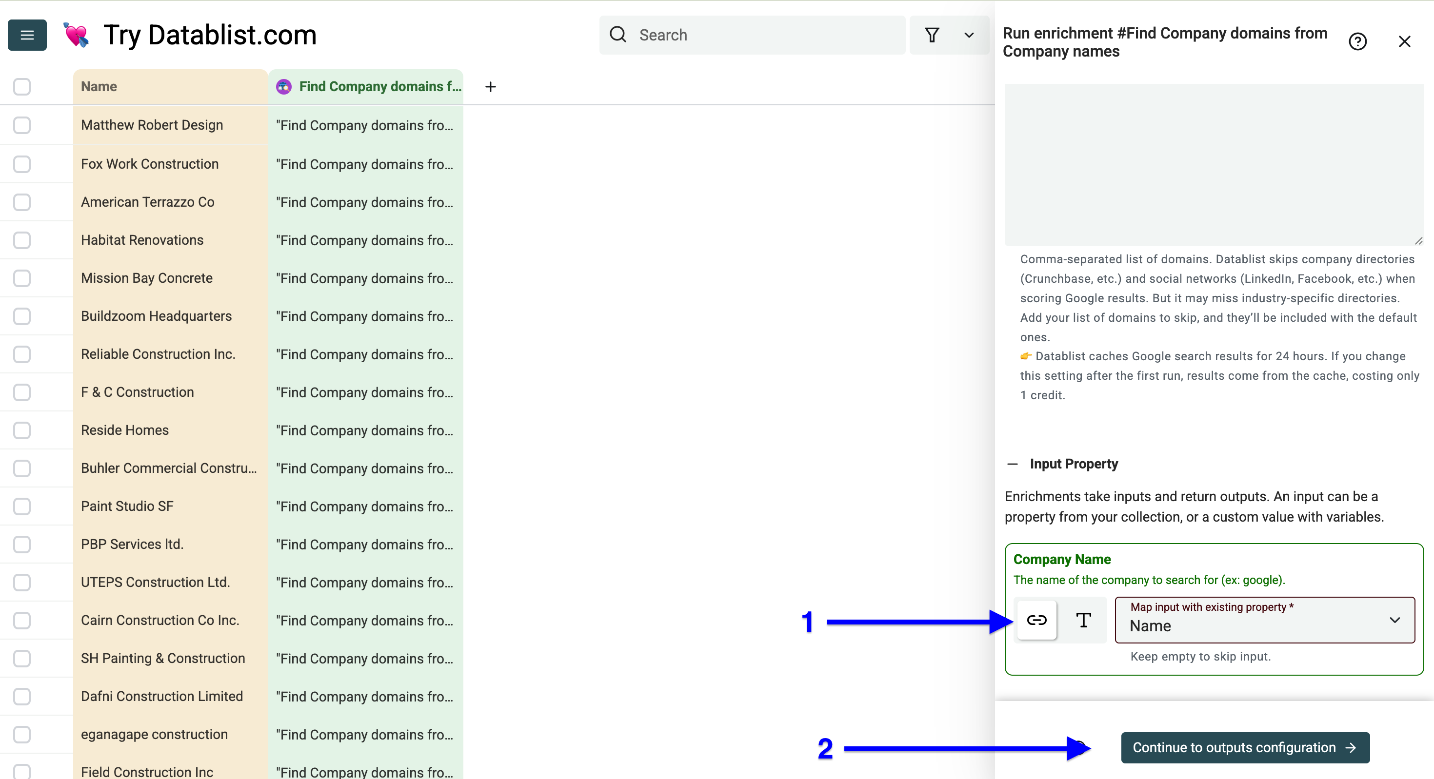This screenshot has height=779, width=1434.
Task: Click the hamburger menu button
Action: (27, 35)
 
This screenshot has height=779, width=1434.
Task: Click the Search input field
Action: (752, 35)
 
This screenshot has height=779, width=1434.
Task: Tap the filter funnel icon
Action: (932, 35)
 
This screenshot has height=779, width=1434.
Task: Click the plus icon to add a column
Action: (490, 87)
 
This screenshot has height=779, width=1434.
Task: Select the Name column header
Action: (170, 87)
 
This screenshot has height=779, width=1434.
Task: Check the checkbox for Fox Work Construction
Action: (22, 164)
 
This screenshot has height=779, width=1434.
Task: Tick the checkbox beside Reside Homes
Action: (22, 430)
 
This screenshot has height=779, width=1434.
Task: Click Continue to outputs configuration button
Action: (1245, 747)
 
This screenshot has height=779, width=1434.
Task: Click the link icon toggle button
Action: (1036, 620)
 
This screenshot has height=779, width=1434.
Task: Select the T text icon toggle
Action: (1083, 620)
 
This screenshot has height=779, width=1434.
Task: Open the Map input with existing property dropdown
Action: (1265, 620)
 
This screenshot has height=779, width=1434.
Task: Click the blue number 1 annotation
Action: (808, 622)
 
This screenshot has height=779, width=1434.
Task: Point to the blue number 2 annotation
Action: (825, 748)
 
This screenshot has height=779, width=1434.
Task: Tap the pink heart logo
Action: (76, 35)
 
